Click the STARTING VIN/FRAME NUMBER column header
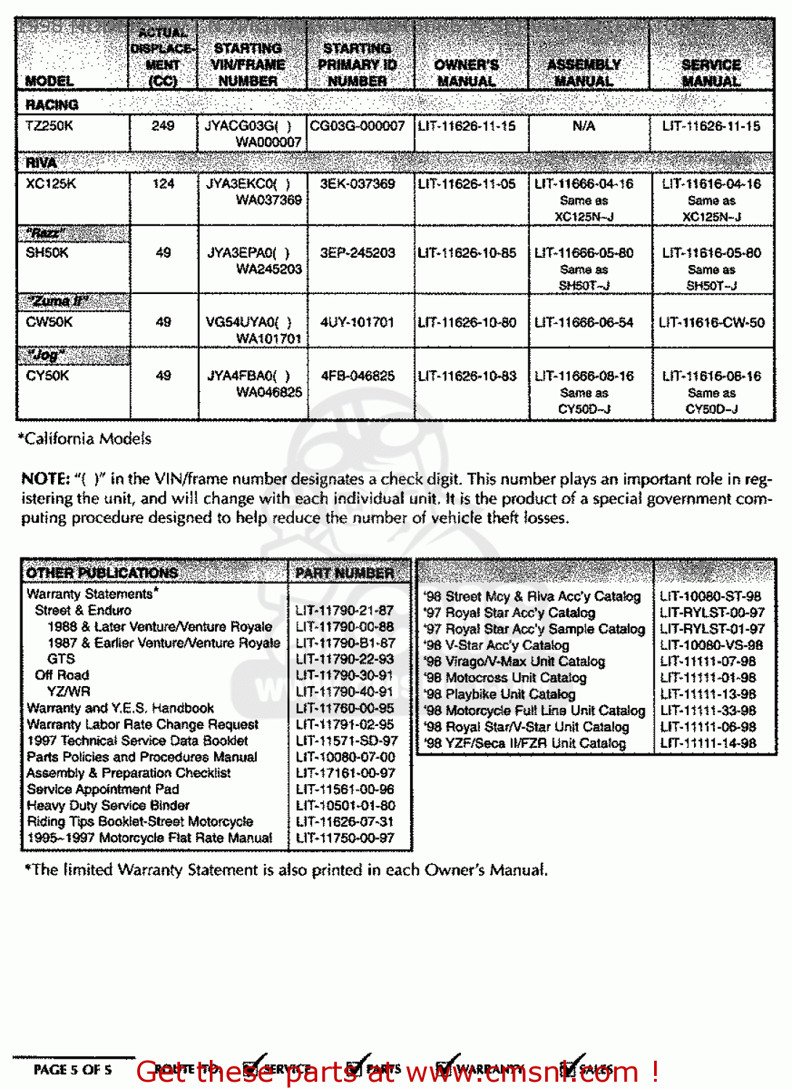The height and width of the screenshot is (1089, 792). pos(248,65)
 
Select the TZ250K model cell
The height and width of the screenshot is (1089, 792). pos(49,126)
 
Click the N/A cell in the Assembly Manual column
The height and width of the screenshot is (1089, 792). pos(584,126)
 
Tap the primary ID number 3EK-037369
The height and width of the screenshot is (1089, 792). pos(357,184)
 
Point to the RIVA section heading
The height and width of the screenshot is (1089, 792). pos(41,163)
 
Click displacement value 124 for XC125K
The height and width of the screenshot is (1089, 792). pos(163,184)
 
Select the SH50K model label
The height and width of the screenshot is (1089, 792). pos(47,253)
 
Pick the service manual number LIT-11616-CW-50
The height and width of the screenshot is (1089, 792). pos(711,322)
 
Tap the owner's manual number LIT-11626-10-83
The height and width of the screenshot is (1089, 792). pos(467,376)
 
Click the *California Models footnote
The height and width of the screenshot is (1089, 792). pos(84,439)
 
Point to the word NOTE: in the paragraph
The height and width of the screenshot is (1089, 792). pos(45,478)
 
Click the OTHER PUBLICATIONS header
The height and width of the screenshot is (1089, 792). pos(102,573)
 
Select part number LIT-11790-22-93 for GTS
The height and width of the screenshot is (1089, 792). pos(345,658)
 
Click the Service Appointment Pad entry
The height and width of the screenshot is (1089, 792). pos(103,789)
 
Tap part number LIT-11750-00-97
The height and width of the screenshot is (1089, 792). pos(345,838)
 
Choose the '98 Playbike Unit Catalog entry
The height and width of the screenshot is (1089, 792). pos(500,694)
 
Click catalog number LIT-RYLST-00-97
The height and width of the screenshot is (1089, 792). pos(712,613)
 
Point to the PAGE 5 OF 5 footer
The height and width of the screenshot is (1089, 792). pos(73,1069)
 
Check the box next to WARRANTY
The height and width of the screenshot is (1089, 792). pos(444,1069)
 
